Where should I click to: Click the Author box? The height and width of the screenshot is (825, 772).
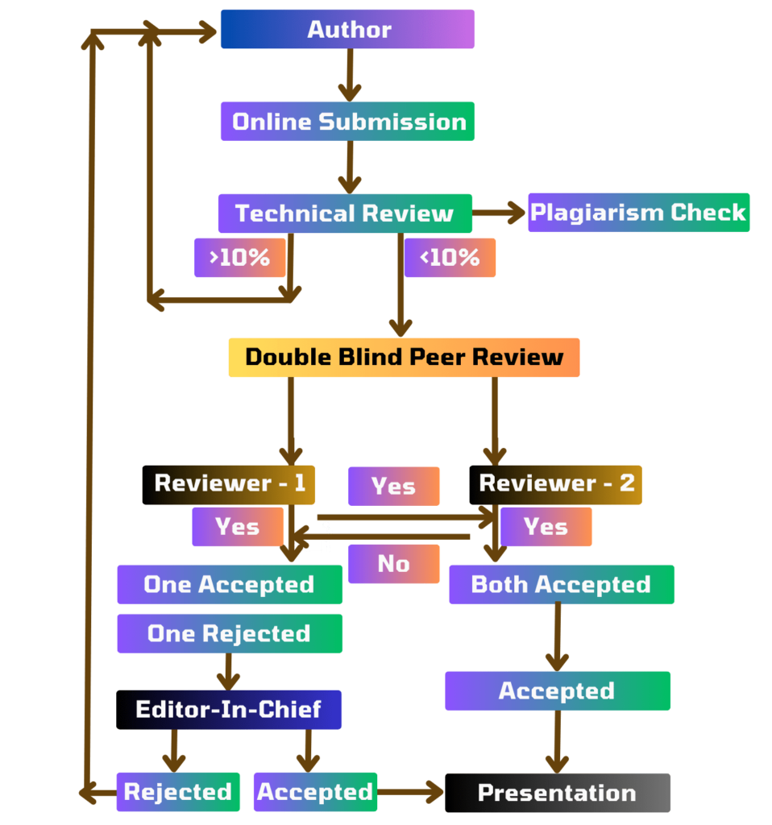pos(347,30)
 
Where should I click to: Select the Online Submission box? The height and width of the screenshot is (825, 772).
pos(347,122)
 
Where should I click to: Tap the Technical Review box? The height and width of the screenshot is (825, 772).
pos(345,214)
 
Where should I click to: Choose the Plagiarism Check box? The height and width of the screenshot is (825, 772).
pos(638,213)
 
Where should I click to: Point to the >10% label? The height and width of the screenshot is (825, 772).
pos(239,258)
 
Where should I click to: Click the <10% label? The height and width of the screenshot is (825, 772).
pos(450,258)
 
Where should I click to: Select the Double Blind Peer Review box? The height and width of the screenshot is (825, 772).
pos(404,357)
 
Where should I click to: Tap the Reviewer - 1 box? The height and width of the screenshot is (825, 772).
pos(229,484)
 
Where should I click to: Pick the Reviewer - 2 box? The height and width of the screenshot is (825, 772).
pos(556,484)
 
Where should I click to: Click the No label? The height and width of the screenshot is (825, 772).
pos(394,564)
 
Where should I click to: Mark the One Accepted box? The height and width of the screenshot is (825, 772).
pos(229,584)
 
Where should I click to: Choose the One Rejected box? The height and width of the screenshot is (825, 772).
pos(229,634)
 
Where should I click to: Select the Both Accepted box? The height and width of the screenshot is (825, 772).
pos(561,584)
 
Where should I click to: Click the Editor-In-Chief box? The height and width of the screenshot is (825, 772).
pos(229,710)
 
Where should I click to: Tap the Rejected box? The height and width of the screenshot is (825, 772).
pos(178,792)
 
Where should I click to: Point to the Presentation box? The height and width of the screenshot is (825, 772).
pos(557,793)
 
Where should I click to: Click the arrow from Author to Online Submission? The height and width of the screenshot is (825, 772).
pos(349,75)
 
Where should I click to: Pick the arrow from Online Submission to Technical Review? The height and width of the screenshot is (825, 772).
pos(349,167)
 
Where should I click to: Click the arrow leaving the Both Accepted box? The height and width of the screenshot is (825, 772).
pos(556,636)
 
